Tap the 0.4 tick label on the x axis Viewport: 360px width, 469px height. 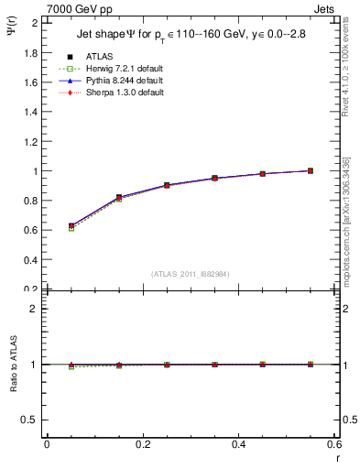pos(238,444)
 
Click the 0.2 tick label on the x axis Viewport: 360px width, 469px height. pos(142,444)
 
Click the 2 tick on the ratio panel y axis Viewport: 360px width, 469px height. pos(36,309)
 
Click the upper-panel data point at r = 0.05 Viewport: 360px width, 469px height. pos(71,225)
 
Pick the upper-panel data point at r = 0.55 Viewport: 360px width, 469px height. pos(311,170)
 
